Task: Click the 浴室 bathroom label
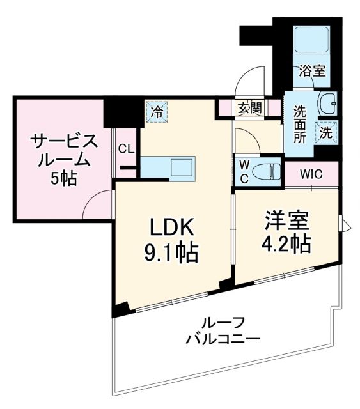(311, 71)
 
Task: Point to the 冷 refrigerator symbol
(156, 112)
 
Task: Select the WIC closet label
(311, 173)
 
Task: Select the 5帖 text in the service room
(63, 179)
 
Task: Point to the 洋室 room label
(287, 220)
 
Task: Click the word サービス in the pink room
(63, 141)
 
